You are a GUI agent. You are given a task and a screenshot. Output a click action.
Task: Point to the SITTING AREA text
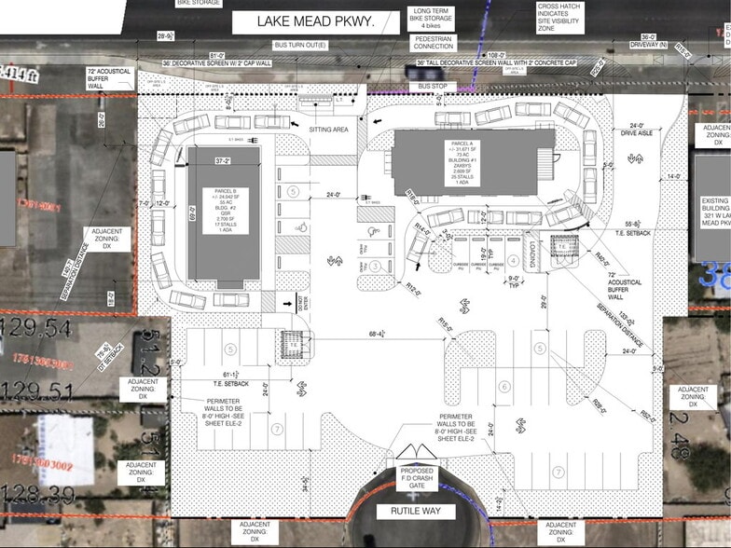[x=327, y=130]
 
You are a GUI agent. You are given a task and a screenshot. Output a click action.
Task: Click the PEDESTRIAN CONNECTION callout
[x=434, y=41]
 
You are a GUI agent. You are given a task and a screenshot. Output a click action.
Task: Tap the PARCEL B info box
[x=225, y=213]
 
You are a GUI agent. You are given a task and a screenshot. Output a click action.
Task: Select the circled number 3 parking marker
[x=373, y=266]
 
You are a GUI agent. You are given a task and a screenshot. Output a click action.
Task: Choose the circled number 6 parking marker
[x=503, y=387]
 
